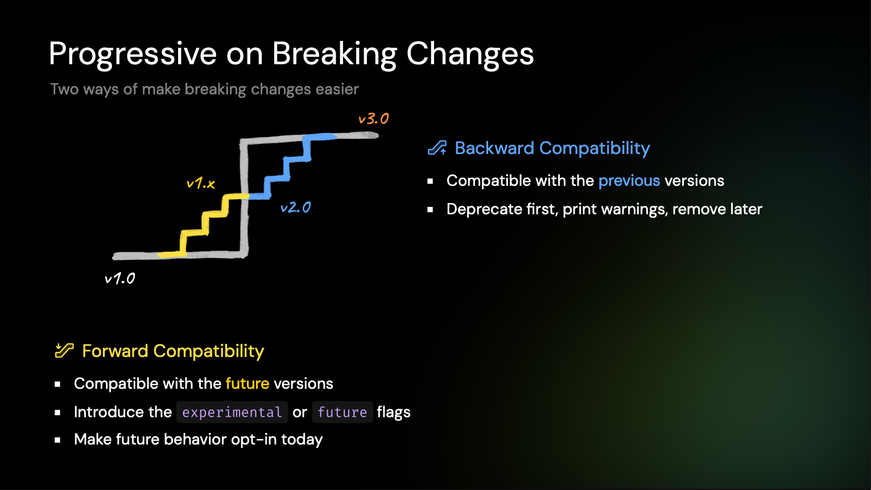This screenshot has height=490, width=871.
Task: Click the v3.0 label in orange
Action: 374,119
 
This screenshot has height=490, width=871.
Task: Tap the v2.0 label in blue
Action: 296,207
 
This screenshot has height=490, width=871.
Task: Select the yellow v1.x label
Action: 201,184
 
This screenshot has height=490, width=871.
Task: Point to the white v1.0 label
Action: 120,279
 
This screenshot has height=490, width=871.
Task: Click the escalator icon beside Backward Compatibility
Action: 437,148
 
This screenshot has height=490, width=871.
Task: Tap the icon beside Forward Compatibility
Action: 64,351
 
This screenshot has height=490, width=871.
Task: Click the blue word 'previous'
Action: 629,181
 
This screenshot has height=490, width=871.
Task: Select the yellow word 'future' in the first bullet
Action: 247,384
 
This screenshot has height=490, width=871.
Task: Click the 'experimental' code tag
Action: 232,412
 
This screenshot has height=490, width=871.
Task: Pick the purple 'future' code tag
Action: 342,412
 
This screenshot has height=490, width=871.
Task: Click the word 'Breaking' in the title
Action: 334,55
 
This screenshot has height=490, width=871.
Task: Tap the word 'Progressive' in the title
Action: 133,55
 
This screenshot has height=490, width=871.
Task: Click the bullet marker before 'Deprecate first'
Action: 431,210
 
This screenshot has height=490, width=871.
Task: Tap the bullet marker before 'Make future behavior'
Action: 57,440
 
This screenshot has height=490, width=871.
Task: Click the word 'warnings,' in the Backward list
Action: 634,209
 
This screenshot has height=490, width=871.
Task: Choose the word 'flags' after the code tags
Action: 393,412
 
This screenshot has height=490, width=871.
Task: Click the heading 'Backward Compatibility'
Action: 552,148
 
